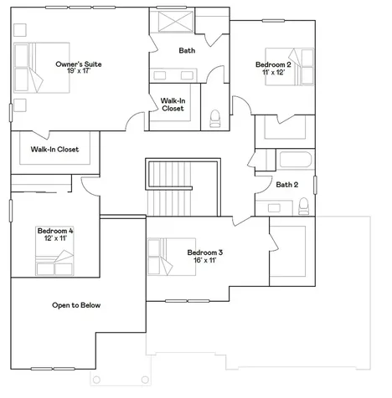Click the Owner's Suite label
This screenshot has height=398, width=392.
click(x=79, y=64)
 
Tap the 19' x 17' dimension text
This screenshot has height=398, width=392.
click(x=79, y=71)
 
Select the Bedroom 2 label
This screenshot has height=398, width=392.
click(x=273, y=64)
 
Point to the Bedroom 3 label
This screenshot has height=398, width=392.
click(x=205, y=253)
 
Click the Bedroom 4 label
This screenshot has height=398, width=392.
click(x=55, y=231)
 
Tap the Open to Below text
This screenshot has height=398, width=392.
click(x=76, y=305)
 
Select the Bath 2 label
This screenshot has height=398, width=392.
click(x=287, y=185)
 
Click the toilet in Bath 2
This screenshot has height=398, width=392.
click(x=303, y=207)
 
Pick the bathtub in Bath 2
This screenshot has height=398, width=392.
click(x=296, y=160)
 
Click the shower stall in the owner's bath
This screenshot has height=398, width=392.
click(x=176, y=22)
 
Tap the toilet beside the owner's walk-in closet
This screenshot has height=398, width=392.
click(x=215, y=119)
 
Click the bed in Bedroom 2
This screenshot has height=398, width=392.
click(x=289, y=67)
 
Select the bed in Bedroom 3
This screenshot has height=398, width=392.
click(x=172, y=257)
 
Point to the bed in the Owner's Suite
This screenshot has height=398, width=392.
click(x=42, y=68)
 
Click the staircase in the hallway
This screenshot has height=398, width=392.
click(x=183, y=187)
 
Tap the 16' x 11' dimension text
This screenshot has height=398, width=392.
click(x=205, y=260)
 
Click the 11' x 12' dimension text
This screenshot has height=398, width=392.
click(x=273, y=72)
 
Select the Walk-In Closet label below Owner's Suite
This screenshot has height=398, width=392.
click(x=54, y=150)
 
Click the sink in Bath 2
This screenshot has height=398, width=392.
click(x=274, y=207)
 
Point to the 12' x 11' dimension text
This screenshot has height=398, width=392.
click(x=55, y=238)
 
